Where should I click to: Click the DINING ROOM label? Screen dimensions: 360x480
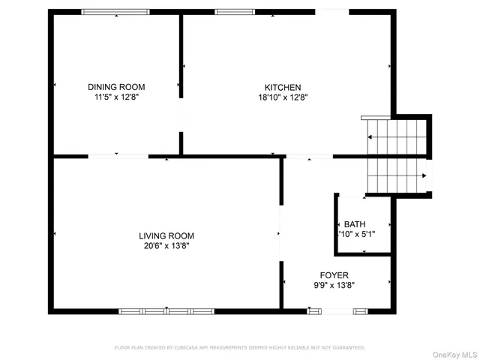pos(115,87)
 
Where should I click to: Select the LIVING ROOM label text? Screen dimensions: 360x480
pos(166,235)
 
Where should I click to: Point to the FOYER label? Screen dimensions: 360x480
pos(334,275)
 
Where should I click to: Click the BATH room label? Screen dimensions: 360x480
pos(357,224)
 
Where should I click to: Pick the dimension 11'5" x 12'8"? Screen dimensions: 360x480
pos(115,97)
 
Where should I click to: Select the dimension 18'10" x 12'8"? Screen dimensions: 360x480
pos(283,97)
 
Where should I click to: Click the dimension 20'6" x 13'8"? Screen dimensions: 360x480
pos(166,245)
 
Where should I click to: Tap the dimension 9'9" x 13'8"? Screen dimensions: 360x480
pos(334,285)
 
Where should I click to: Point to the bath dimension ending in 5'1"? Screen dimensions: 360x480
pos(357,234)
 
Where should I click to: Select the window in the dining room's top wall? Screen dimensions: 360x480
pos(115,12)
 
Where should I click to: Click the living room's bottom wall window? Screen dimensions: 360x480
pos(166,310)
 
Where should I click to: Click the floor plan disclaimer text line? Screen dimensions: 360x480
pos(239,347)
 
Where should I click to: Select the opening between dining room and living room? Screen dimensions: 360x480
pos(118,156)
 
